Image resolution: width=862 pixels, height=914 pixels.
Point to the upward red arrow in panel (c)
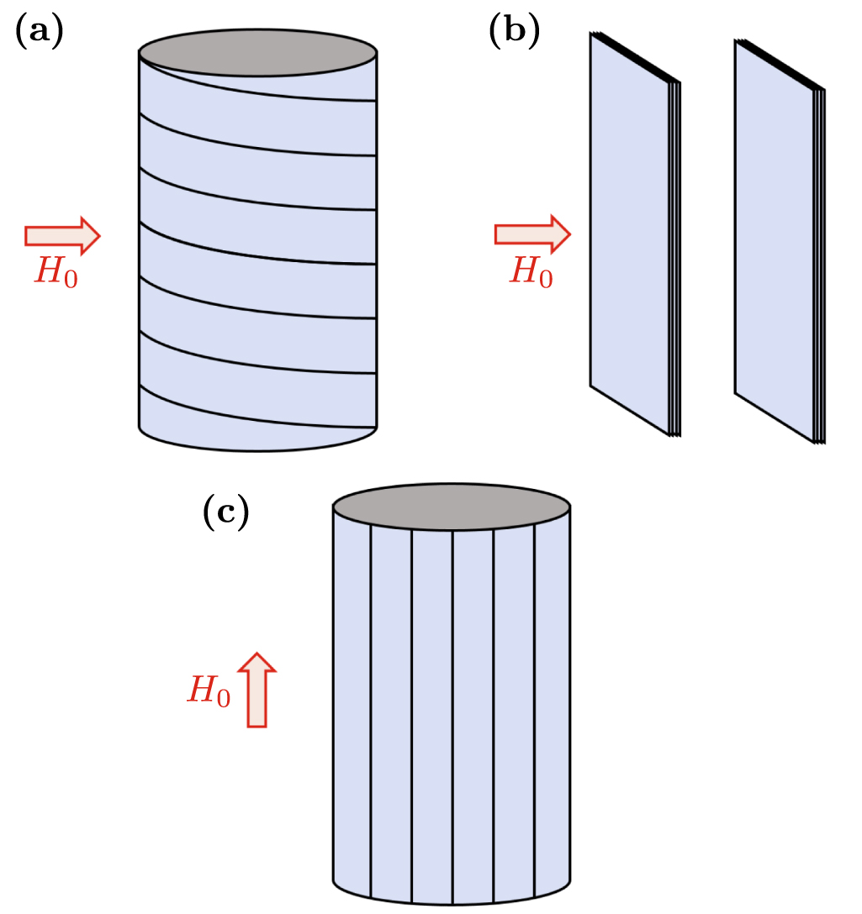coord(256,690)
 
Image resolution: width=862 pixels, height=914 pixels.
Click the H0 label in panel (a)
coord(56,272)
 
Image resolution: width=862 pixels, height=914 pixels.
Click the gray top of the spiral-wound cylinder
coord(257,51)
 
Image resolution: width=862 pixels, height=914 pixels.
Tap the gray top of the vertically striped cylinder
coord(452,507)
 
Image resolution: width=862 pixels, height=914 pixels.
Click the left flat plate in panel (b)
coord(629,235)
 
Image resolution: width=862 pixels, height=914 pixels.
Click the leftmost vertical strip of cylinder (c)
coord(352,706)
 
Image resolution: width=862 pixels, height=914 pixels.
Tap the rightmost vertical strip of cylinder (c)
coord(553,706)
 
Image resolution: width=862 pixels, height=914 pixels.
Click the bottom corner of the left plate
coord(674,434)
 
